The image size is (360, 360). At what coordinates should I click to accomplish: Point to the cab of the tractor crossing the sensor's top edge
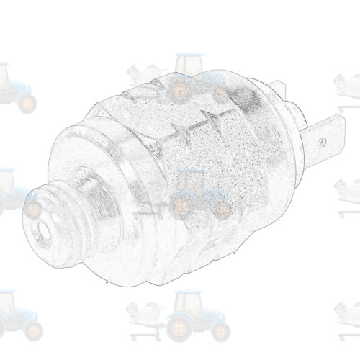[x=189, y=65]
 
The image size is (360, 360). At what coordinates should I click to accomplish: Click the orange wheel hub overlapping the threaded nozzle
[x=32, y=210]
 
